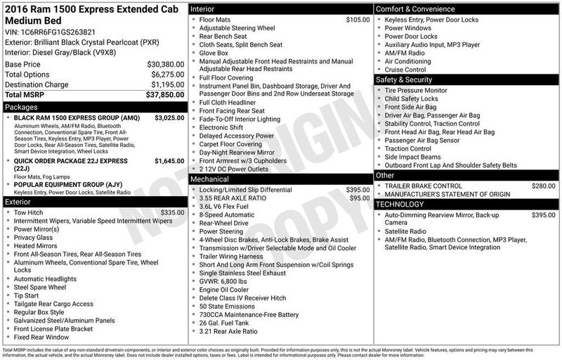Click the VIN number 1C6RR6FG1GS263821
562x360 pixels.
46,32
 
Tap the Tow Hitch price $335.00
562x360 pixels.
172,212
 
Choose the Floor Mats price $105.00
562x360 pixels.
358,20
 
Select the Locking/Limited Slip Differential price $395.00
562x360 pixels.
358,190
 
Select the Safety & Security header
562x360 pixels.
407,80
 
